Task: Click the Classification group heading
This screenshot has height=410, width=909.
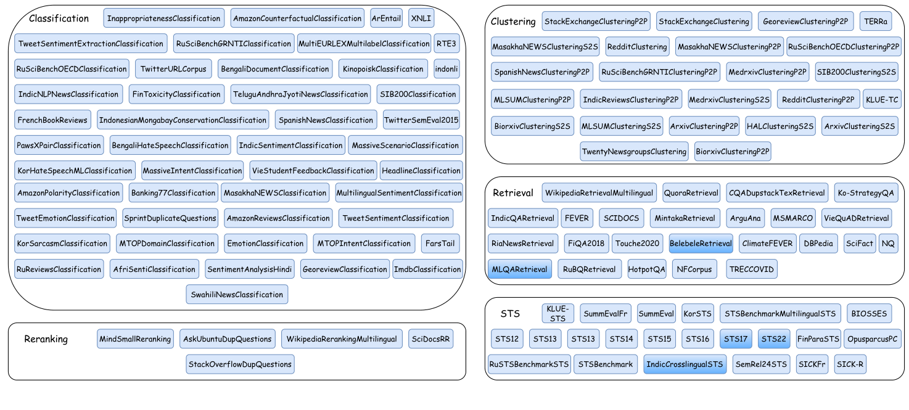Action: point(59,18)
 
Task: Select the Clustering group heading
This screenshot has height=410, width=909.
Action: point(513,22)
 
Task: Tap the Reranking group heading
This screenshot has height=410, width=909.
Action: point(46,339)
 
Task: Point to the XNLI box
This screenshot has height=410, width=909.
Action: point(421,18)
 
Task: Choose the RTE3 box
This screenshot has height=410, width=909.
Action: point(446,44)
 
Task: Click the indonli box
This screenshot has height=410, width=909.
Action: point(446,69)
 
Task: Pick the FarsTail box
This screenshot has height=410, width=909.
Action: point(440,244)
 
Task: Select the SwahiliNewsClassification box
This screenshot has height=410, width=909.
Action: point(237,295)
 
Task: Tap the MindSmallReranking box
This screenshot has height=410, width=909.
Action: point(135,339)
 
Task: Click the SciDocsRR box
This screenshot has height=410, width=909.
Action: point(430,339)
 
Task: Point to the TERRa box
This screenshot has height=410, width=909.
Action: point(876,22)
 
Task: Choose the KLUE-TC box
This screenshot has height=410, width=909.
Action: point(882,99)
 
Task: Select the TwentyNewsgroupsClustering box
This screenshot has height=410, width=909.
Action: point(634,152)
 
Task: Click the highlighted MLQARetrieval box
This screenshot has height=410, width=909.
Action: point(520,269)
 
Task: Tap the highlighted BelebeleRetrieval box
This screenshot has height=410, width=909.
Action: point(701,244)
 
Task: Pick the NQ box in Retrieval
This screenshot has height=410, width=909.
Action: point(888,244)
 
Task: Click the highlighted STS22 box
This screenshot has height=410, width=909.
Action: point(773,339)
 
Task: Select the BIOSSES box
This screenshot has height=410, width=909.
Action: point(869,314)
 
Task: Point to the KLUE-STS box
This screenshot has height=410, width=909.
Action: point(557,314)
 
